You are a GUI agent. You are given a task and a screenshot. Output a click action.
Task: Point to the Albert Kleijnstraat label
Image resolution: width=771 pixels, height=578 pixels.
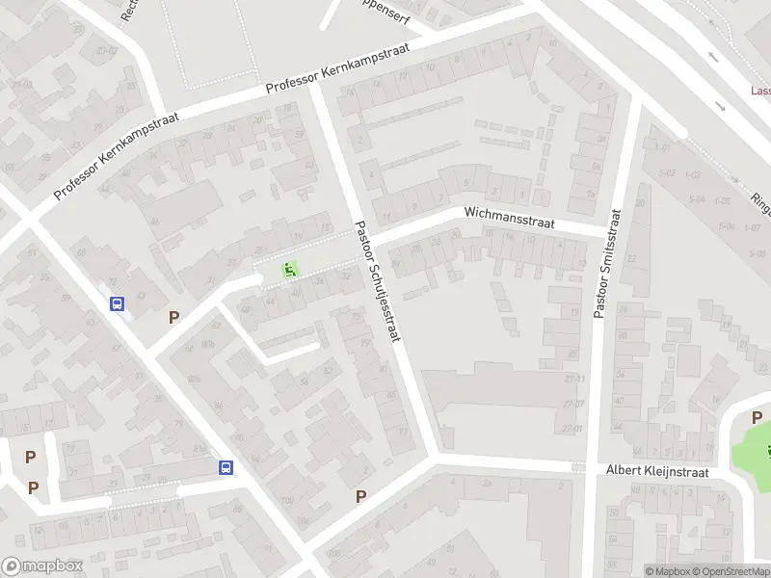coord(657,471)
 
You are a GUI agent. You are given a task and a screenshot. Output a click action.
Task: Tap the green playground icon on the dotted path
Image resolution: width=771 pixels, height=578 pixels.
coord(288,271)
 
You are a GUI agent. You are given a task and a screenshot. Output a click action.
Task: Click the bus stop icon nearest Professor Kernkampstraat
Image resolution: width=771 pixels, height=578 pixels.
coord(118,304)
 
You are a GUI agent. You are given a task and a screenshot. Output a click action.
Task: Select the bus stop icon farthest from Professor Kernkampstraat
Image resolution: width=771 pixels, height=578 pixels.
coord(226,467)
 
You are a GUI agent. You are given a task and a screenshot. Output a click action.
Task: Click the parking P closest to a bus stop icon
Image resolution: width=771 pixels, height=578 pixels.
coord(173,317)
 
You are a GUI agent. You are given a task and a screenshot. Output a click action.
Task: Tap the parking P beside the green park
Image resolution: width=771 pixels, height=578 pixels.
coord(757,417)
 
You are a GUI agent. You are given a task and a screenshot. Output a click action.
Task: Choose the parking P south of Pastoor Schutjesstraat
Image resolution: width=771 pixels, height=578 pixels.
coord(361,496)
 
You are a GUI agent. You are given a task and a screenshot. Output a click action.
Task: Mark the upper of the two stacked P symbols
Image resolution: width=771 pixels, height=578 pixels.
coord(31,458)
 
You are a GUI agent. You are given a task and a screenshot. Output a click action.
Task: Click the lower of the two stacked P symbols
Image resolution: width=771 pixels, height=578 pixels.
coord(33,487)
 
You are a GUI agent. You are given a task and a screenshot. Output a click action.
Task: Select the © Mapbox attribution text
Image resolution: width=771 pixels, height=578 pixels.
coord(667,571)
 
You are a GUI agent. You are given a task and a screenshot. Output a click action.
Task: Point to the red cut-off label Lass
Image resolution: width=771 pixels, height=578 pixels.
coord(760,92)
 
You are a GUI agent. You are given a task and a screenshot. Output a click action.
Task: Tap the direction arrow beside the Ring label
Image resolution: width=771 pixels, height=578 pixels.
coord(734,181)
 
